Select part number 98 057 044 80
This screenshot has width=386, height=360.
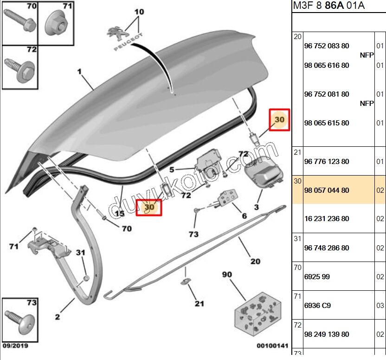tap(327, 190)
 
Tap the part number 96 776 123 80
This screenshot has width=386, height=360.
tap(327, 161)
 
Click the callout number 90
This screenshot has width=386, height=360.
tap(227, 274)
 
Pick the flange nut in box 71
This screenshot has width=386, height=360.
tap(57, 24)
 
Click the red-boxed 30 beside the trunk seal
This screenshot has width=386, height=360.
tap(149, 207)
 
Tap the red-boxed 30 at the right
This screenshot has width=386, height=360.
tap(279, 120)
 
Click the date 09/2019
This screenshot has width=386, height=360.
tap(15, 346)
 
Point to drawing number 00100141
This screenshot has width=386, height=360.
tap(272, 346)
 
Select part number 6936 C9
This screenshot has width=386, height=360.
tap(317, 306)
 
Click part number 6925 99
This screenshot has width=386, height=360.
tap(317, 277)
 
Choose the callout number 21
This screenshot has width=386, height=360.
tap(199, 304)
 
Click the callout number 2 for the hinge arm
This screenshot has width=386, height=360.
tap(58, 317)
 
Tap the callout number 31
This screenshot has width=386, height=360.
tap(81, 253)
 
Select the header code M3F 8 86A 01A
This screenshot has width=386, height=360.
tap(328, 6)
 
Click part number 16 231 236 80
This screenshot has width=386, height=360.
tap(327, 219)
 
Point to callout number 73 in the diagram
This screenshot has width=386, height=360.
tap(193, 234)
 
